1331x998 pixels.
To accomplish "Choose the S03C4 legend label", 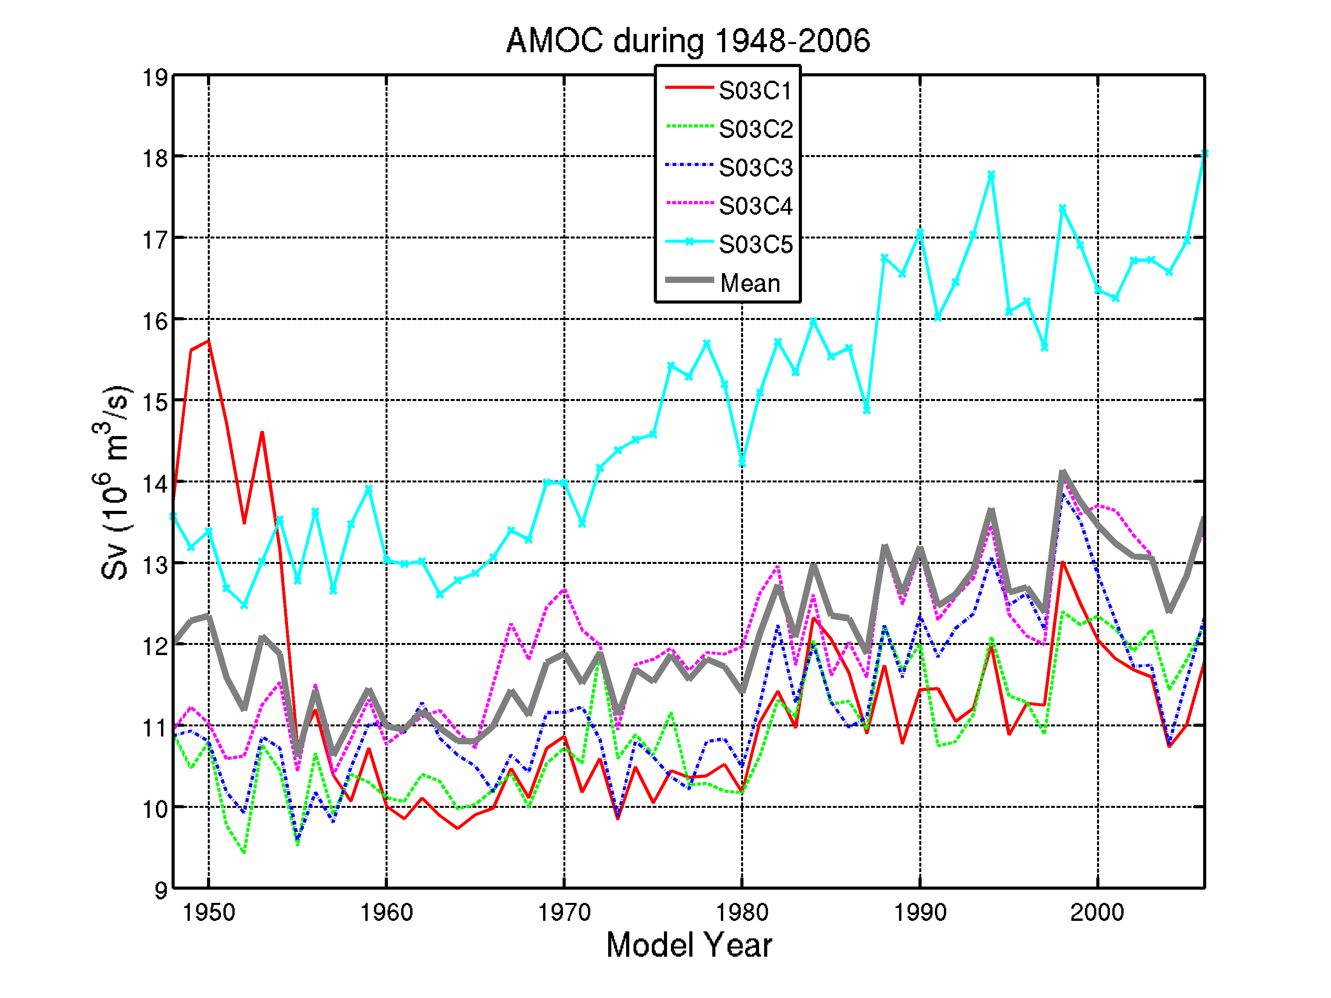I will (756, 206).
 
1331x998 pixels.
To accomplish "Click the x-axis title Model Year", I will (689, 945).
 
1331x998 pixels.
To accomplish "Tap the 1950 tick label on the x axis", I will (209, 913).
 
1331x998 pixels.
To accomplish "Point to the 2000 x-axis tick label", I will (1097, 913).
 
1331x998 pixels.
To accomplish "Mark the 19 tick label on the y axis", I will (155, 78).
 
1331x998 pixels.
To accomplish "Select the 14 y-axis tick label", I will (155, 484).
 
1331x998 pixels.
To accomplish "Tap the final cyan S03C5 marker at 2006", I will (1204, 154).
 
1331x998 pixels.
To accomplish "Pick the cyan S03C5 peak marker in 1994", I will (991, 175).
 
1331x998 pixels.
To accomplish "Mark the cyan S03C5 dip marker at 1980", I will (742, 463).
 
